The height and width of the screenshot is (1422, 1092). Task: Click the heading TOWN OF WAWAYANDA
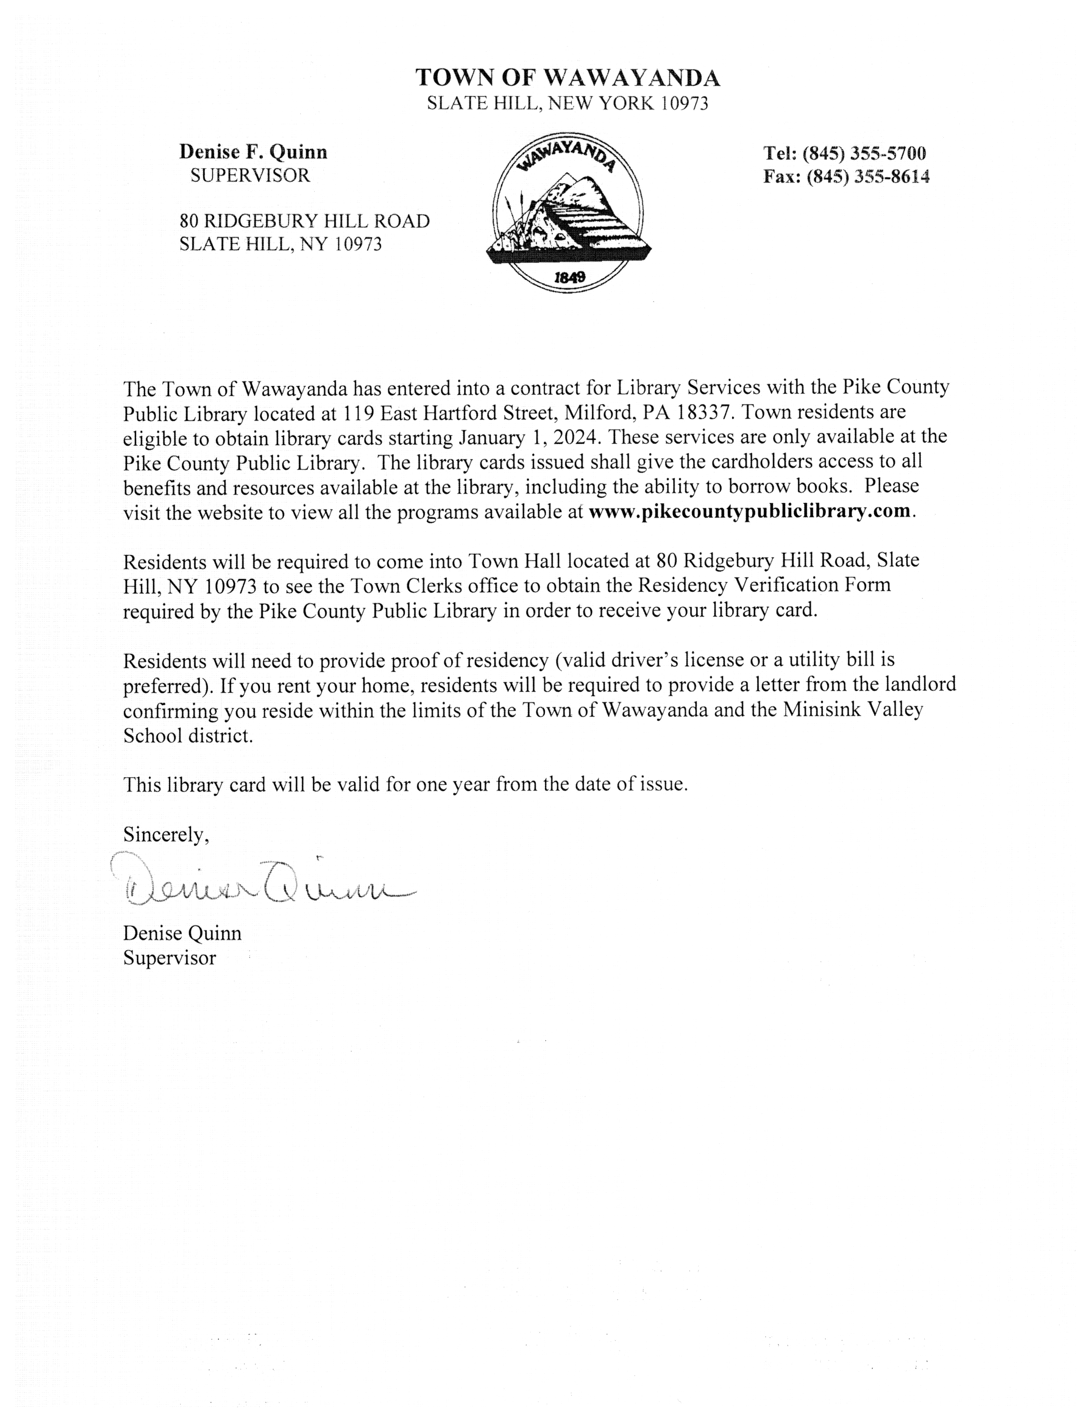tap(567, 78)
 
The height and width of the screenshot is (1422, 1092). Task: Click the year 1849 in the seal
tap(569, 277)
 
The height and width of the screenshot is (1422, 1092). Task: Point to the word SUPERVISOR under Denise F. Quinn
tap(250, 176)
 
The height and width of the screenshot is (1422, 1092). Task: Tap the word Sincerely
tap(166, 834)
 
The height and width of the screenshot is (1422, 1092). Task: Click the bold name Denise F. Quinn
tap(254, 152)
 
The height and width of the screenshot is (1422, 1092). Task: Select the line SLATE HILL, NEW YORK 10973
tap(567, 103)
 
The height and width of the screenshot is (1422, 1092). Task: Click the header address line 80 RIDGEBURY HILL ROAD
tap(304, 221)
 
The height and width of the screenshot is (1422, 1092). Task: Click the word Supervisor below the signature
tap(169, 958)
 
